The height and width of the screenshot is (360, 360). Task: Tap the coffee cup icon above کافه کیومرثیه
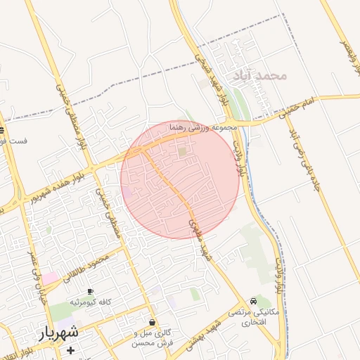[x=90, y=291]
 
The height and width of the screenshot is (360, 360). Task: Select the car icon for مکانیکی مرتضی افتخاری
[x=253, y=300]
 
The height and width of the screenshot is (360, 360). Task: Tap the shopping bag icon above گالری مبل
[x=153, y=321]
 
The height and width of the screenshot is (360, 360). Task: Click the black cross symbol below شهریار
[x=70, y=349]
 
